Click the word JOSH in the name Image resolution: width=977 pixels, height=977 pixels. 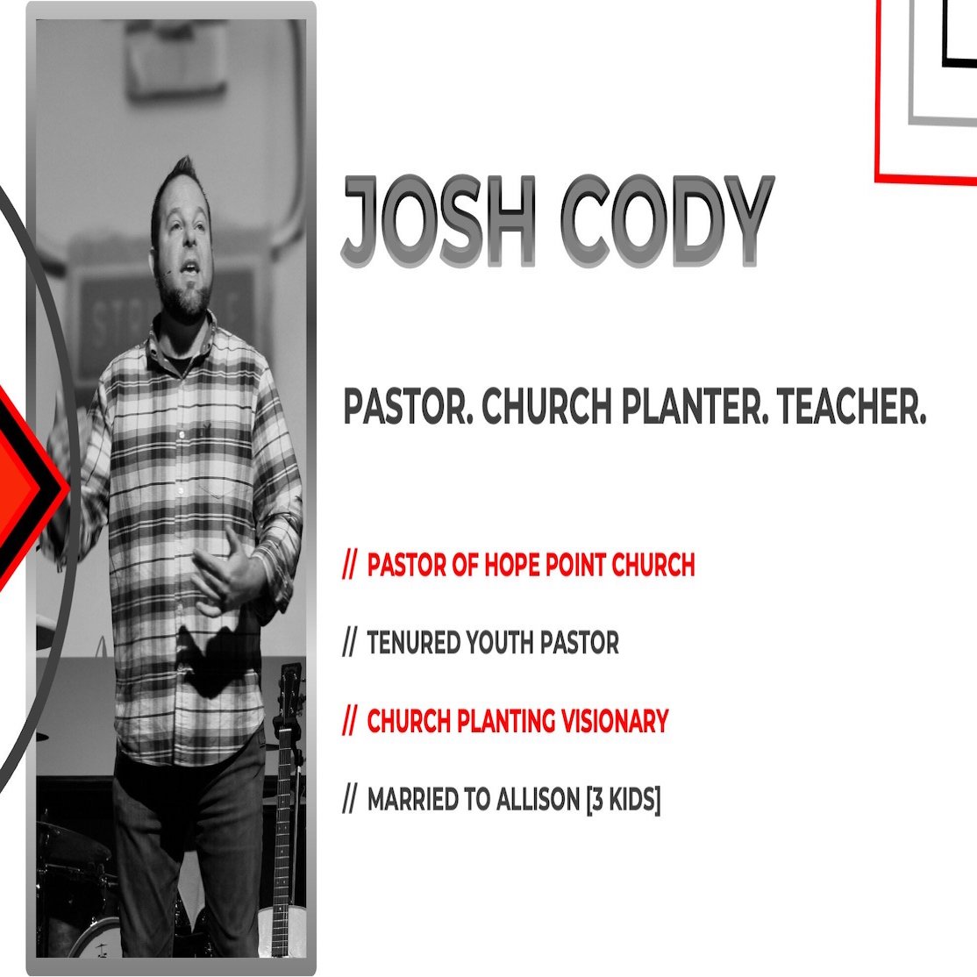[439, 221]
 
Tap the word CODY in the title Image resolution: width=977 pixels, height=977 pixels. [666, 221]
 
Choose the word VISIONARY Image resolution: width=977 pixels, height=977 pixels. [615, 721]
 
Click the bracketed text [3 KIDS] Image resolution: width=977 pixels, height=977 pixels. [623, 800]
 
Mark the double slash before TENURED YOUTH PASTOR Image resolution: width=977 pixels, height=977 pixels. [350, 643]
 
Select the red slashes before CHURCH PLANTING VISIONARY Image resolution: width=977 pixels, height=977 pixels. [350, 721]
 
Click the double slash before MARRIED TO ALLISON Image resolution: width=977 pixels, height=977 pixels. [350, 800]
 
